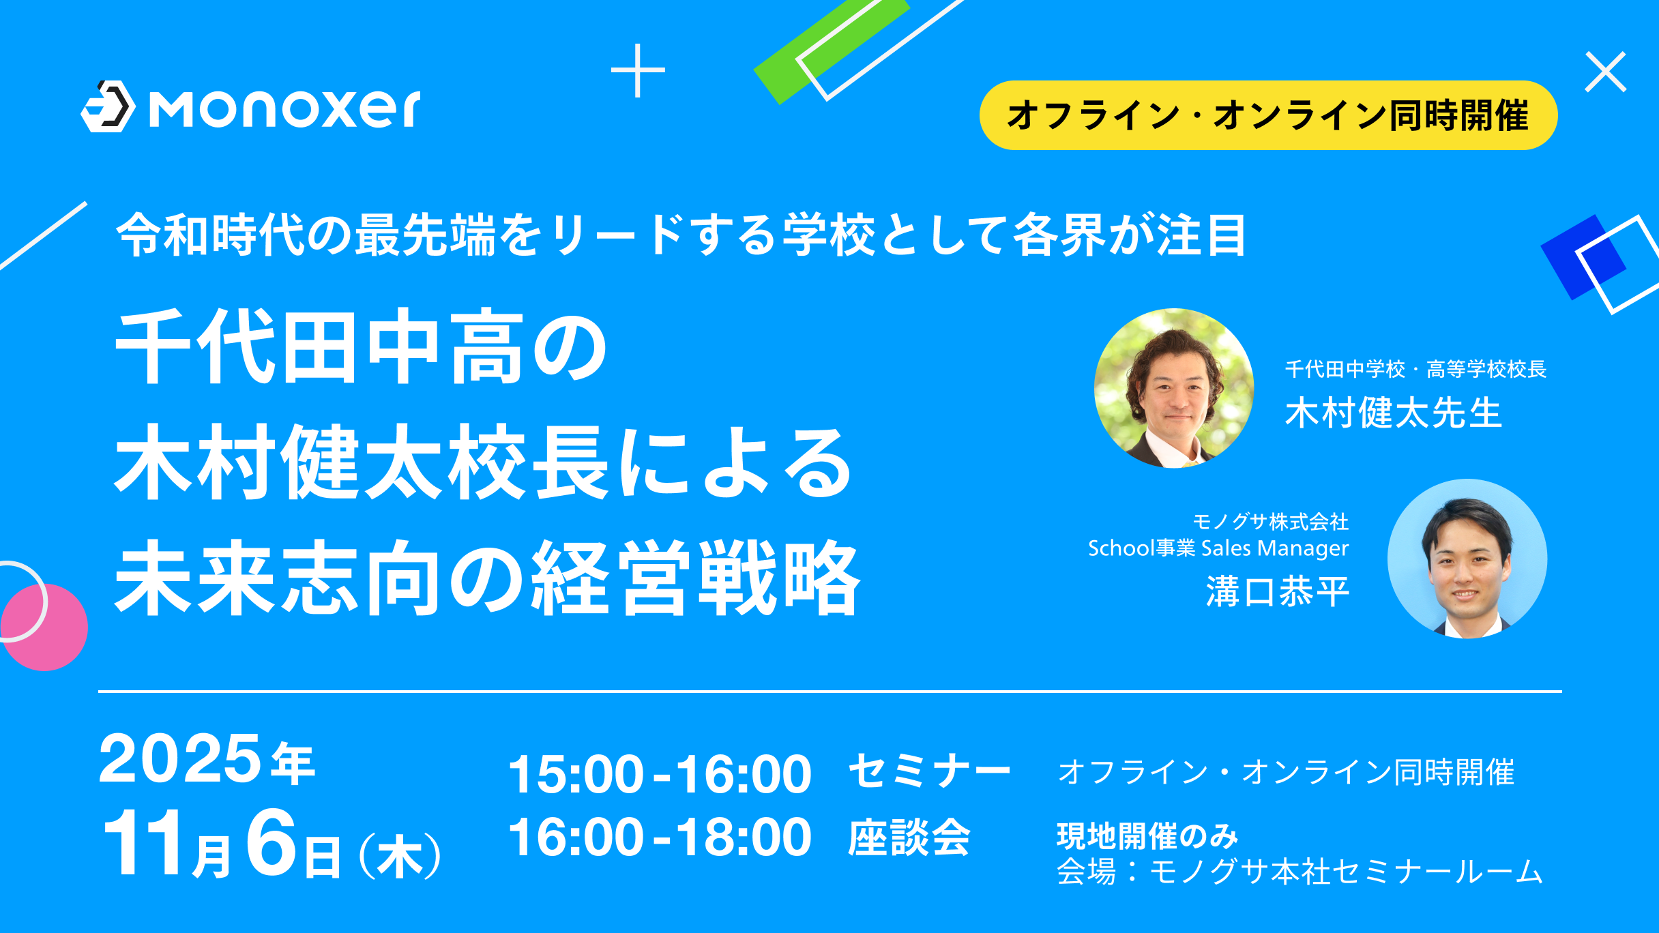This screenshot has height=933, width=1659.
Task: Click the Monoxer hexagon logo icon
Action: (108, 106)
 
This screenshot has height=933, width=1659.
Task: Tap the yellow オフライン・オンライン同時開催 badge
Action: (1268, 115)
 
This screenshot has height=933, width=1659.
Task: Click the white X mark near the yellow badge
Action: (1606, 72)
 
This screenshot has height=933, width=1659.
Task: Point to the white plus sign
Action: (638, 70)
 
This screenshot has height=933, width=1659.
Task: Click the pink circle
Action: (45, 627)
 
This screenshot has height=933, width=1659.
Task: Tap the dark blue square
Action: (1583, 257)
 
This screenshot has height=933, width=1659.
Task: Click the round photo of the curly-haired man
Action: (1174, 388)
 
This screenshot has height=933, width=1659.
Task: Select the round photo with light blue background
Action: (1467, 559)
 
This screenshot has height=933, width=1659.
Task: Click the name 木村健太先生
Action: (1394, 413)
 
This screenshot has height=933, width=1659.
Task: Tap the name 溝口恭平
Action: (1278, 591)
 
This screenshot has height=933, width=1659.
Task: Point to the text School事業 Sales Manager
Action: (1218, 548)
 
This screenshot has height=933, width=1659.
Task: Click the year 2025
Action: (179, 758)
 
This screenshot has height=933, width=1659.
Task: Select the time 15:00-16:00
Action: (660, 774)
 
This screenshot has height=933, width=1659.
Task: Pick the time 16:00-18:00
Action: (660, 837)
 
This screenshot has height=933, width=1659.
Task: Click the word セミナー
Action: (929, 771)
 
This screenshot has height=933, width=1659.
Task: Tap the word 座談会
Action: (909, 837)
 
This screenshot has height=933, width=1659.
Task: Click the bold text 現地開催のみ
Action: (1147, 835)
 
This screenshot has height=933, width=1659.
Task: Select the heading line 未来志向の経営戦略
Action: (488, 578)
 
